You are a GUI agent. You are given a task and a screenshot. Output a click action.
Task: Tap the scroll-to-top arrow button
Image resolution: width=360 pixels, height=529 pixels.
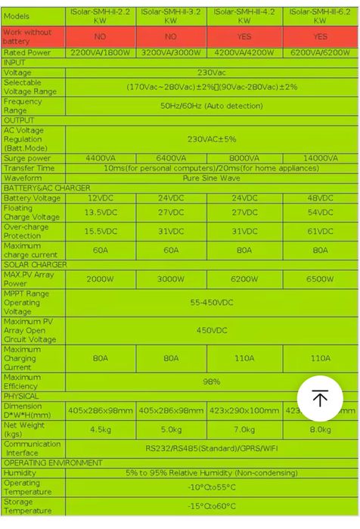(x=319, y=399)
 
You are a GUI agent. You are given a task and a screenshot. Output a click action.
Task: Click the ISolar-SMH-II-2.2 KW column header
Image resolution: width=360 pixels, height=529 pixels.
(x=101, y=17)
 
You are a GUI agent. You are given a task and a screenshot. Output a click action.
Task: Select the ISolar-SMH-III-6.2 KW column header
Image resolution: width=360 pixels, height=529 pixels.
(x=320, y=17)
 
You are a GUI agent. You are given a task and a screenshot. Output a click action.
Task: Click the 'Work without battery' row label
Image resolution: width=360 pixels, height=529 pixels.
(x=33, y=36)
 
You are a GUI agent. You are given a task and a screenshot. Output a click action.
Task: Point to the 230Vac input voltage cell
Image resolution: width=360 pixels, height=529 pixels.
(x=211, y=73)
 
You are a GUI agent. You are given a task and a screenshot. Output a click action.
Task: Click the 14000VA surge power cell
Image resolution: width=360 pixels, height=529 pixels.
(x=320, y=158)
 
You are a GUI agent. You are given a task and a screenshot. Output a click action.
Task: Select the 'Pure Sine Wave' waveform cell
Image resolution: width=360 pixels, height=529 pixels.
(x=211, y=178)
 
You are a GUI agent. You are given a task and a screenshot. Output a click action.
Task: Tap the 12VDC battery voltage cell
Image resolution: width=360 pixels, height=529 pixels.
(x=101, y=198)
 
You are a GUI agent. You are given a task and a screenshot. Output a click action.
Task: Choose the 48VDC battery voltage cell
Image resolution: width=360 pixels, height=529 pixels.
(x=320, y=198)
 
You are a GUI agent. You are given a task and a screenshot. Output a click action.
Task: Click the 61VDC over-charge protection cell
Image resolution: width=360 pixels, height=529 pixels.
(x=320, y=232)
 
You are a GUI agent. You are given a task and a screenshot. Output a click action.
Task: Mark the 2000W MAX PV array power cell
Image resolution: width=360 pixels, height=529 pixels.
(x=101, y=279)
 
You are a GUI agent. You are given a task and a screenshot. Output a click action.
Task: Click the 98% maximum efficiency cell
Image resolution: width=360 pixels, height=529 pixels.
(x=211, y=382)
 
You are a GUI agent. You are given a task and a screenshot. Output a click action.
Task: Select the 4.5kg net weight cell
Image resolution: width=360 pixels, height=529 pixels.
(x=101, y=429)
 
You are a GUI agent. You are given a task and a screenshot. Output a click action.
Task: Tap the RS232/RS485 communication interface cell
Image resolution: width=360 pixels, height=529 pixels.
(x=211, y=448)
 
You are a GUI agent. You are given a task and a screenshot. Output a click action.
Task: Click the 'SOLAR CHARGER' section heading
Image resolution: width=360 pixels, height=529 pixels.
(x=35, y=265)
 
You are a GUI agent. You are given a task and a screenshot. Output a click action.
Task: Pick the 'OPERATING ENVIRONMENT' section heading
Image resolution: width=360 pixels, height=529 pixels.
(x=53, y=462)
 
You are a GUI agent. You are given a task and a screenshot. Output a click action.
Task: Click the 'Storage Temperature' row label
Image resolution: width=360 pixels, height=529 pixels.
(x=33, y=506)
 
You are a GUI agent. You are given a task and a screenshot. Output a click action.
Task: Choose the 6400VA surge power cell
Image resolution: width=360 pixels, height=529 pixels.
(x=171, y=158)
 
